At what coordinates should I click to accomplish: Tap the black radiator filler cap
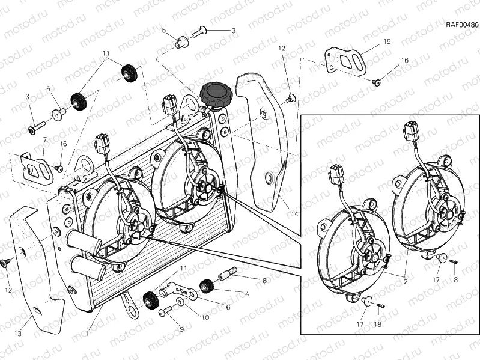215,94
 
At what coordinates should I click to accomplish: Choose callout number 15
387,42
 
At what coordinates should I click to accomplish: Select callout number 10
205,317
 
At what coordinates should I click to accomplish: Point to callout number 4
246,294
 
